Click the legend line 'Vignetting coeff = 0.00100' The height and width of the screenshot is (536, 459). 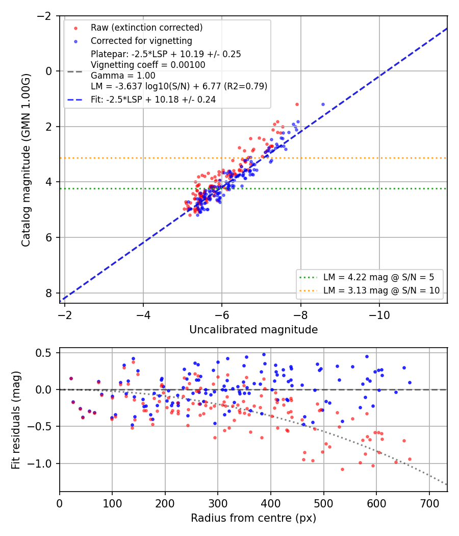coord(148,65)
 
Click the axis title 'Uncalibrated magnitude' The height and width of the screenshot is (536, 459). coord(253,330)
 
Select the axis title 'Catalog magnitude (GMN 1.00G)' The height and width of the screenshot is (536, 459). coord(26,160)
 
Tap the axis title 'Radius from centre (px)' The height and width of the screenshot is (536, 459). coord(253,518)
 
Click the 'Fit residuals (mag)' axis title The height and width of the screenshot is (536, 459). coord(16,420)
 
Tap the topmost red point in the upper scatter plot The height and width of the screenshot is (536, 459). coord(297,104)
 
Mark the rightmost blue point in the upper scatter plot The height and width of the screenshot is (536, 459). coord(323,104)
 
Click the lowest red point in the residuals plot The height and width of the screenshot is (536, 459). coord(342,469)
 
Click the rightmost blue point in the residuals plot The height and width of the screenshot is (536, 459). coord(410,382)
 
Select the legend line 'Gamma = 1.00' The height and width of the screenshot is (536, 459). coord(123,76)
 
